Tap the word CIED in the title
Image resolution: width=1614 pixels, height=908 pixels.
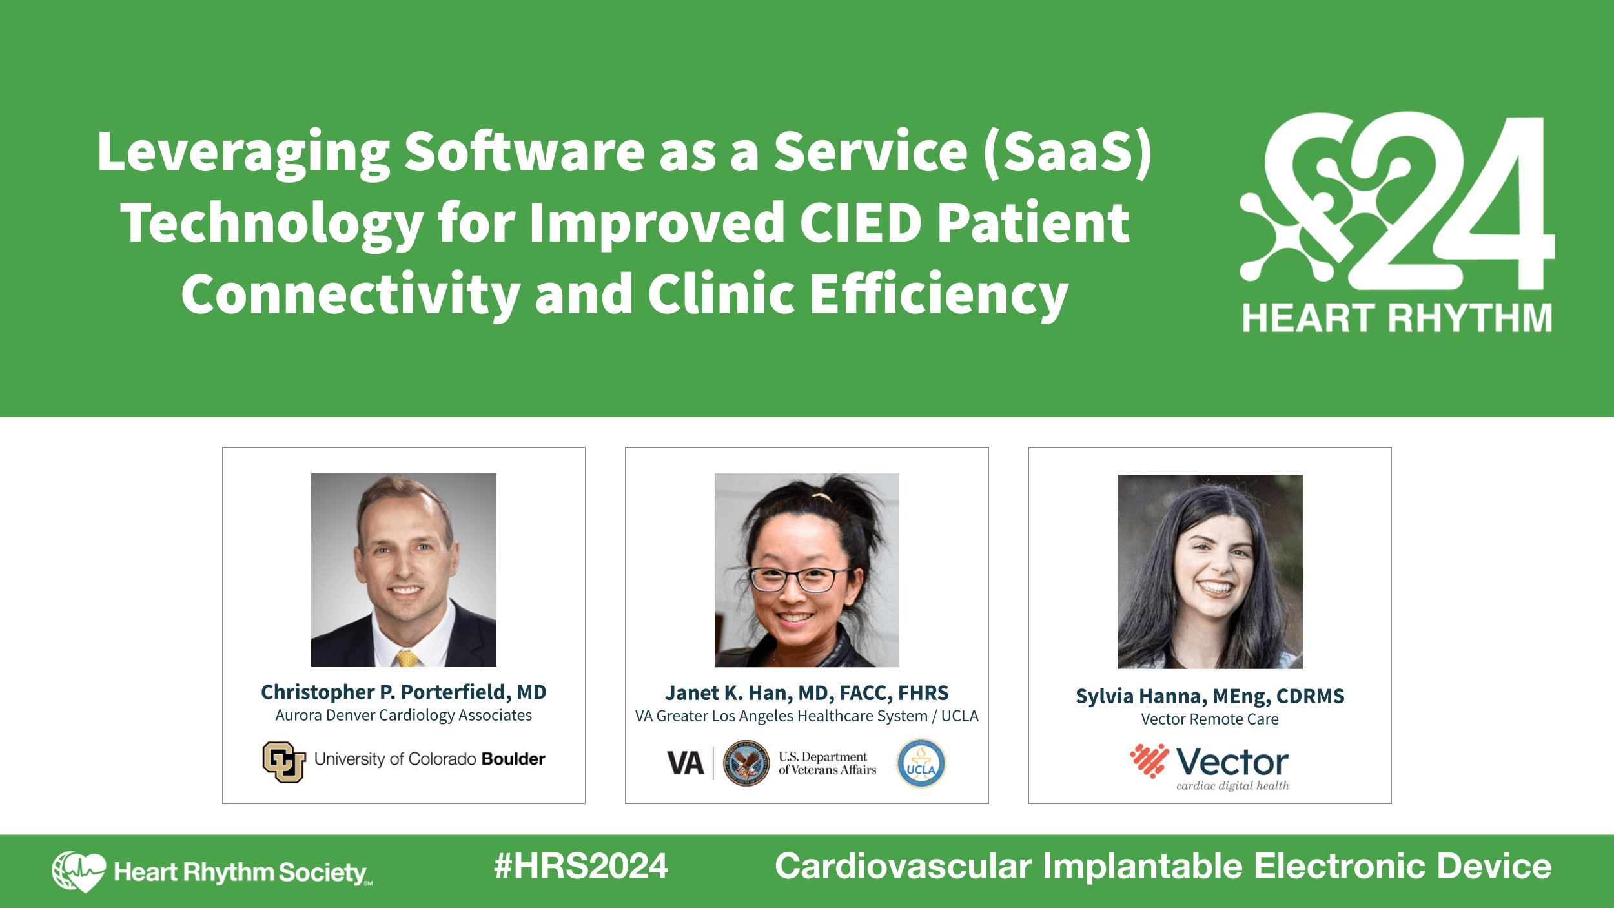(861, 223)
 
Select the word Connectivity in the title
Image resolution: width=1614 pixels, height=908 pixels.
(351, 294)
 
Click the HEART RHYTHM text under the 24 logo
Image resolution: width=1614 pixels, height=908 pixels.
(1397, 318)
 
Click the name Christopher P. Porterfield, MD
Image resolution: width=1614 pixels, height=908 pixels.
(403, 692)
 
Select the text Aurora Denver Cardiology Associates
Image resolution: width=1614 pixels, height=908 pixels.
(403, 716)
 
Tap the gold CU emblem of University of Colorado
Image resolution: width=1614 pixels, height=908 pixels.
(283, 762)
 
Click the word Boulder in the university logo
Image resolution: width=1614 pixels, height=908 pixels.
(513, 759)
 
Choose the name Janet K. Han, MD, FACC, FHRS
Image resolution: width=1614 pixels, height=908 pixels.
(806, 693)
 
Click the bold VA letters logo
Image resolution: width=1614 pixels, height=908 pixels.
(685, 763)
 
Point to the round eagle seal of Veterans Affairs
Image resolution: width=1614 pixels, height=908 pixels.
(746, 763)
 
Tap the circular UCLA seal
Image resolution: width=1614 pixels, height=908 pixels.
(921, 764)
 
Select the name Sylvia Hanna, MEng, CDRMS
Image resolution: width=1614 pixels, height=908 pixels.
(1209, 696)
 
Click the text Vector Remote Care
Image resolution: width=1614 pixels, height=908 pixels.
(1209, 719)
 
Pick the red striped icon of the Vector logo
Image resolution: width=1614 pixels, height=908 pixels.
(1149, 761)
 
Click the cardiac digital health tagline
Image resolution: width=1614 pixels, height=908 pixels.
(1232, 786)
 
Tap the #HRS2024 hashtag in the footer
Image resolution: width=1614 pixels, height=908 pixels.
(580, 867)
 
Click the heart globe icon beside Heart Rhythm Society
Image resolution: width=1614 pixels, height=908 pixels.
(79, 871)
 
